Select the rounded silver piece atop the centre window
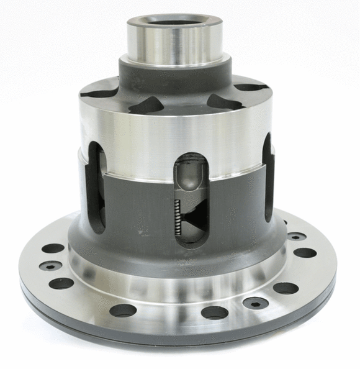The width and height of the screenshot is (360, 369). [189, 177]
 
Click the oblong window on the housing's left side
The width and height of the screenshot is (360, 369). [96, 186]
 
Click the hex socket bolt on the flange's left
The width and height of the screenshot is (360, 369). [50, 266]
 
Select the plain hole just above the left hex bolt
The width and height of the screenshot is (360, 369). [53, 248]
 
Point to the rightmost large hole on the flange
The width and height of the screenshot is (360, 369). [305, 253]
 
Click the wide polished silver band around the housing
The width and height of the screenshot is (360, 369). [174, 137]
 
